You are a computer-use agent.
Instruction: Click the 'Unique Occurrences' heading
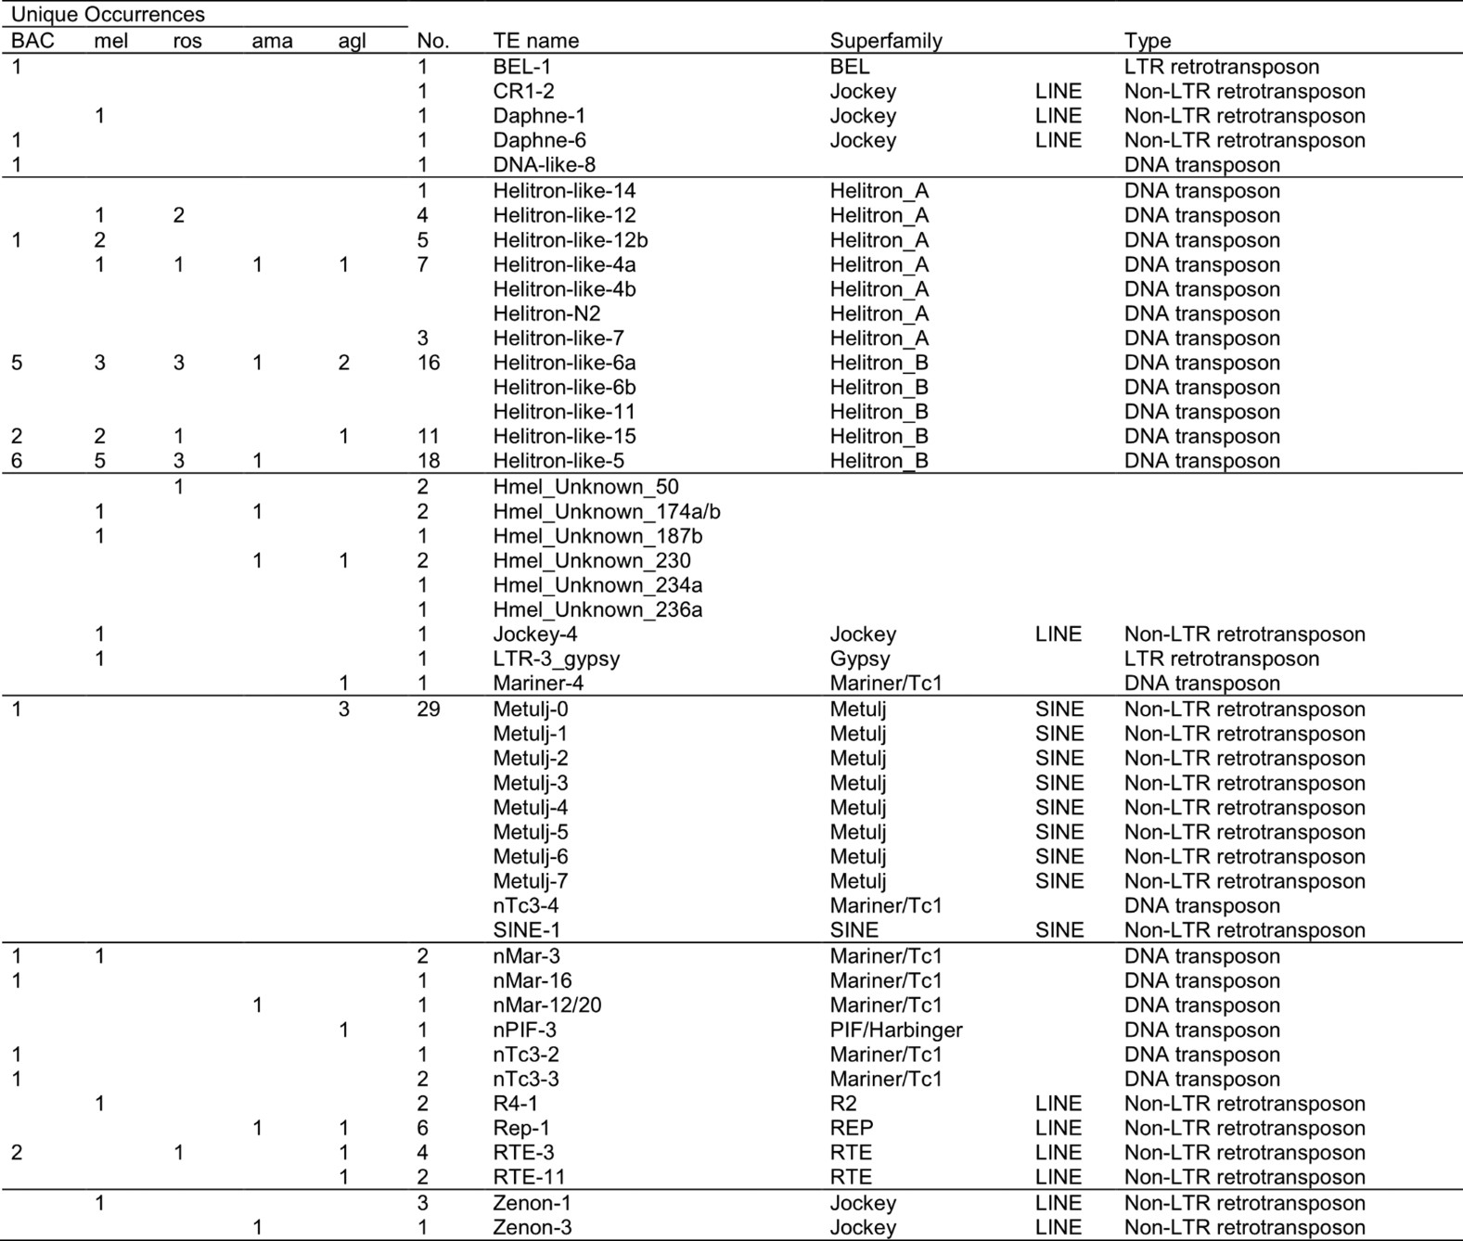tap(108, 15)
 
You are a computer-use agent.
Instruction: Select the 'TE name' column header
tap(535, 41)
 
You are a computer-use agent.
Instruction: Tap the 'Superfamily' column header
tap(885, 41)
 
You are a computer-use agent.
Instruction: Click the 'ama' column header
tap(272, 41)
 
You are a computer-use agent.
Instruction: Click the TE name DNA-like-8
tap(544, 165)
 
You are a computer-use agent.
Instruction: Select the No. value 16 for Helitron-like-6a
tap(428, 363)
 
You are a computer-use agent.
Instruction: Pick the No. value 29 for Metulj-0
tap(428, 710)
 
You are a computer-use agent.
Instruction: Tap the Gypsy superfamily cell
tap(859, 659)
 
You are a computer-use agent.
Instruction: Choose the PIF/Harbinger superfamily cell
tap(895, 1030)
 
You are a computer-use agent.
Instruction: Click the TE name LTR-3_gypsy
tap(556, 659)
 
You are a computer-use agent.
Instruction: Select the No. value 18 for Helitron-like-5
tap(428, 461)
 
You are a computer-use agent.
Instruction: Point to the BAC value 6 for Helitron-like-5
tap(17, 461)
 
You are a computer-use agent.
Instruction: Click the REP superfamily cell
tap(851, 1129)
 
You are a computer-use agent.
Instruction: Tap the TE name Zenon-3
tap(532, 1228)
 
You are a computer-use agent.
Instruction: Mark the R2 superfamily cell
tap(843, 1104)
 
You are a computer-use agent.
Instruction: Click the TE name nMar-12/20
tap(546, 1005)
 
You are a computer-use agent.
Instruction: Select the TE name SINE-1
tap(526, 930)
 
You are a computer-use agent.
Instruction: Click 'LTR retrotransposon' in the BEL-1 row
tap(1221, 67)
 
